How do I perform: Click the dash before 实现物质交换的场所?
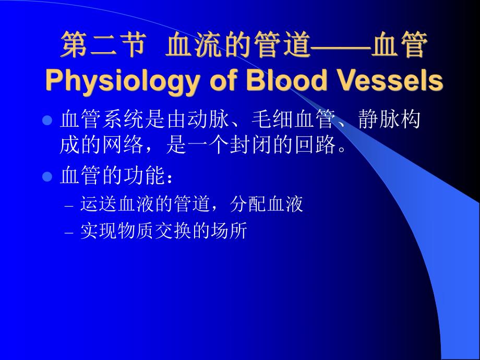[x=70, y=233]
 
